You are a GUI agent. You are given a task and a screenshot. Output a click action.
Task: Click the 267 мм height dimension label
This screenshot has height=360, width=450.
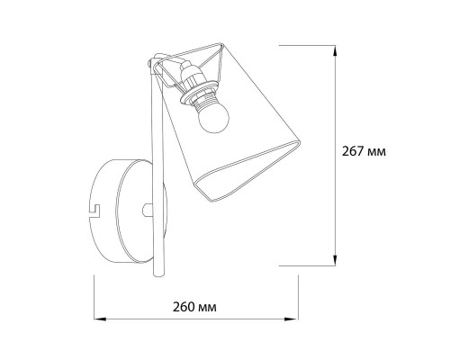[364, 151]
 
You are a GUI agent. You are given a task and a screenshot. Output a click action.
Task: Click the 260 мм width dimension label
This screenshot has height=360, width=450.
[194, 307]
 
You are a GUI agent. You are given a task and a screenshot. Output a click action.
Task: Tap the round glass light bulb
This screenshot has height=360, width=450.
[213, 121]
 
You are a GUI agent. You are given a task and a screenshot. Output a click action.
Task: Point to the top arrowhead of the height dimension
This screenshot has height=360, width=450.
[335, 51]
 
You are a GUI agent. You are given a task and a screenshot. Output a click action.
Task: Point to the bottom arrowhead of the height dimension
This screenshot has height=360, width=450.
[335, 260]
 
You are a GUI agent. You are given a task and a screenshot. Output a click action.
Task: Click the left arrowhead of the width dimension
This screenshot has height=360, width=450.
[100, 319]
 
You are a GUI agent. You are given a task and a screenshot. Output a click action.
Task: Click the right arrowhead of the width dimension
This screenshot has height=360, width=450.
[292, 319]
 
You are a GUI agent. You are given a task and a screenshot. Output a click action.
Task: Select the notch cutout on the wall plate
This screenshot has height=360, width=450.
[96, 211]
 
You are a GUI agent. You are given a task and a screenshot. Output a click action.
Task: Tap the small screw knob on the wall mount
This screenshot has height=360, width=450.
[148, 210]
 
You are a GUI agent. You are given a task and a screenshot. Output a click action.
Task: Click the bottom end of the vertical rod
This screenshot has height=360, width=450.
[159, 274]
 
